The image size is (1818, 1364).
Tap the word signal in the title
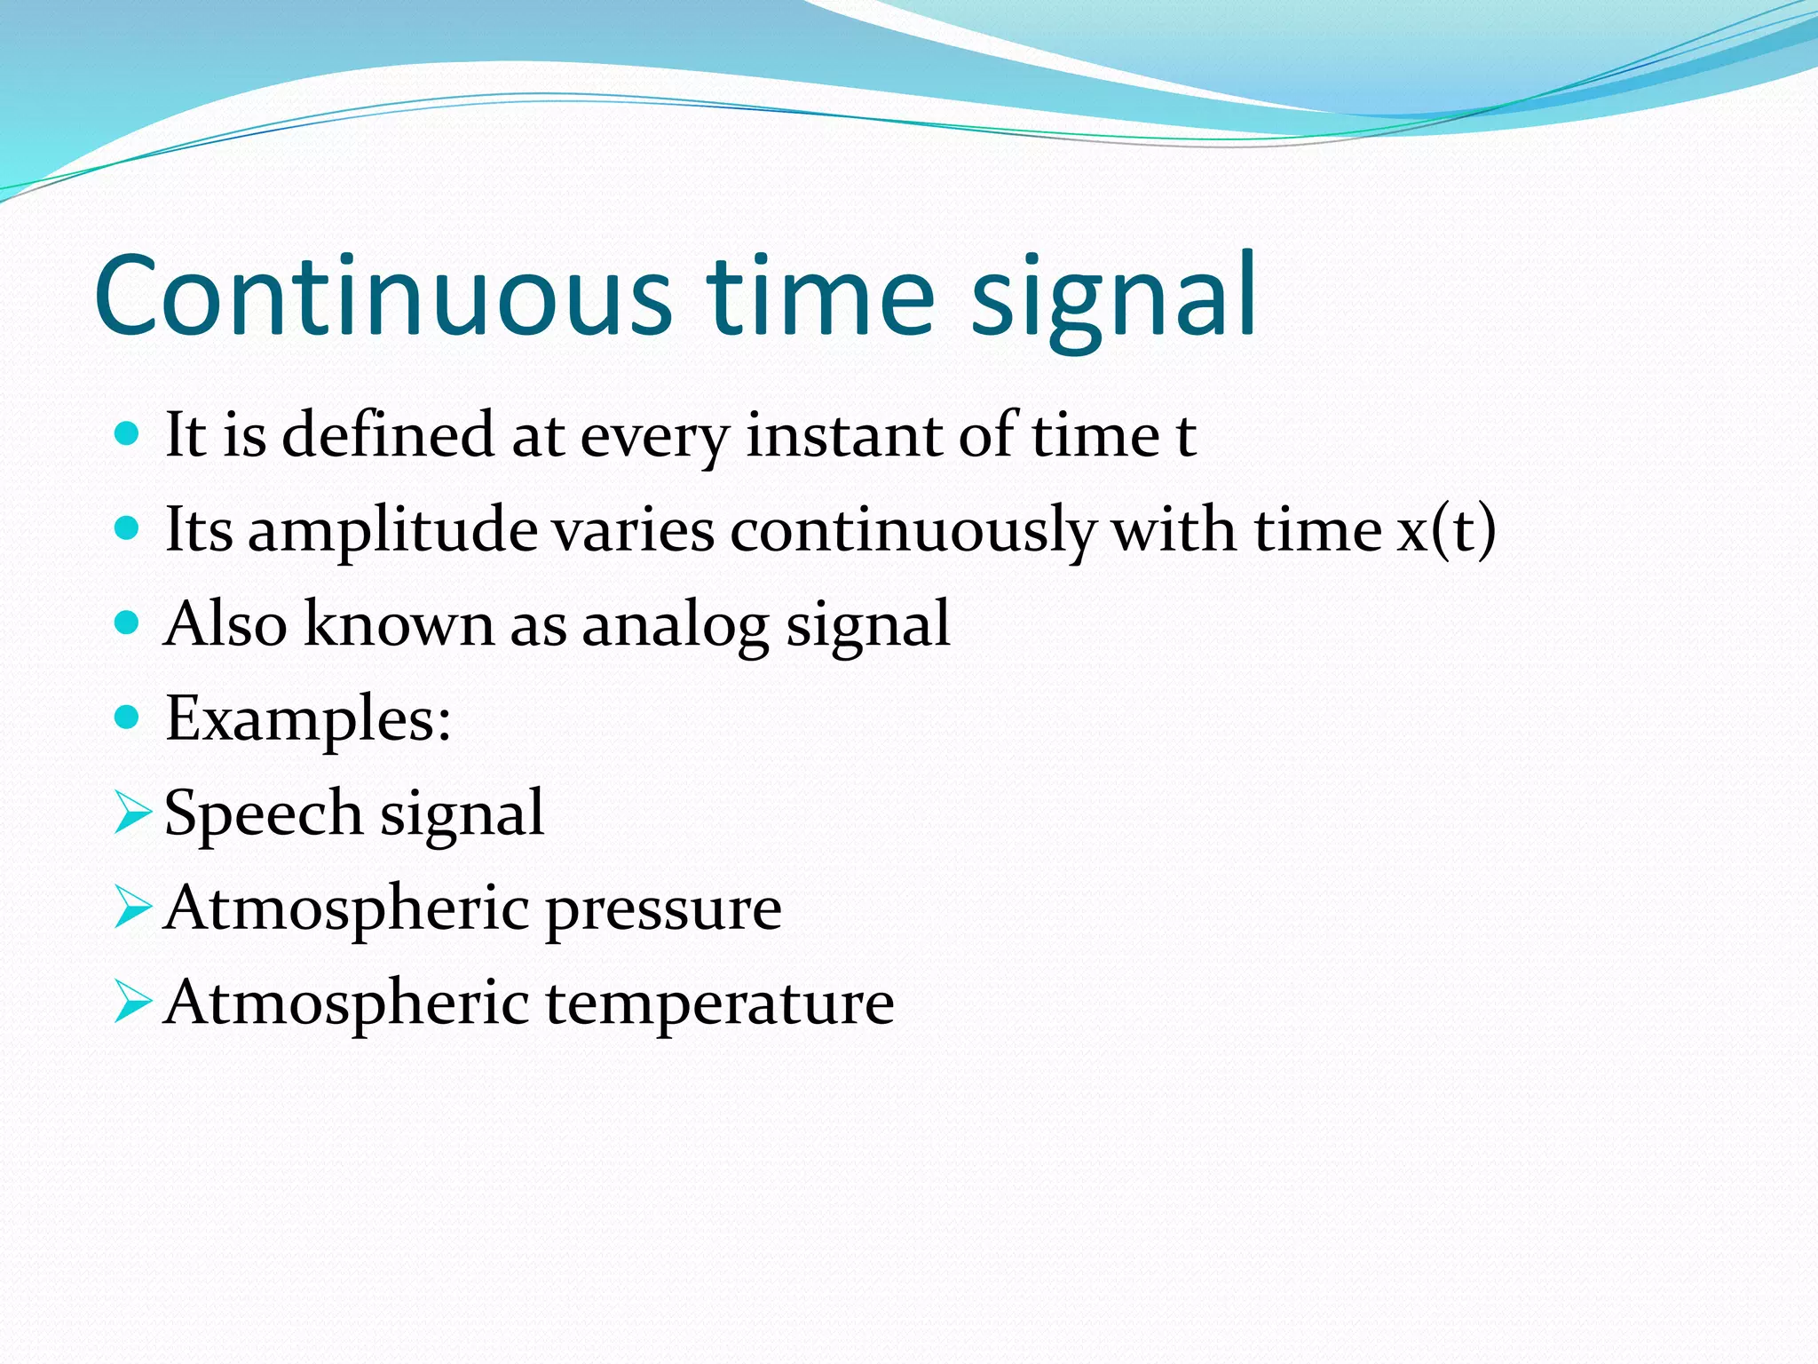point(1114,297)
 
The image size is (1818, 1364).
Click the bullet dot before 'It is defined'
point(128,434)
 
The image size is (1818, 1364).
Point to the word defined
point(388,434)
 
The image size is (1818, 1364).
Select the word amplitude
point(392,531)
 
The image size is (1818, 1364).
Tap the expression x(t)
point(1447,530)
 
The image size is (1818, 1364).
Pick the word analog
point(675,625)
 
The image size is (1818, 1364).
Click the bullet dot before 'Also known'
point(128,623)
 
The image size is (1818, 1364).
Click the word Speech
point(264,813)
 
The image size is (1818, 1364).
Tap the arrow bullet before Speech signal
point(132,814)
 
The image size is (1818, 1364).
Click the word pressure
point(663,910)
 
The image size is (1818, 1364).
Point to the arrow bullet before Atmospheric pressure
point(132,909)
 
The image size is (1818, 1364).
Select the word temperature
point(719,1004)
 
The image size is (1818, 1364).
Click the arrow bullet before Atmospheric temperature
point(132,1004)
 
